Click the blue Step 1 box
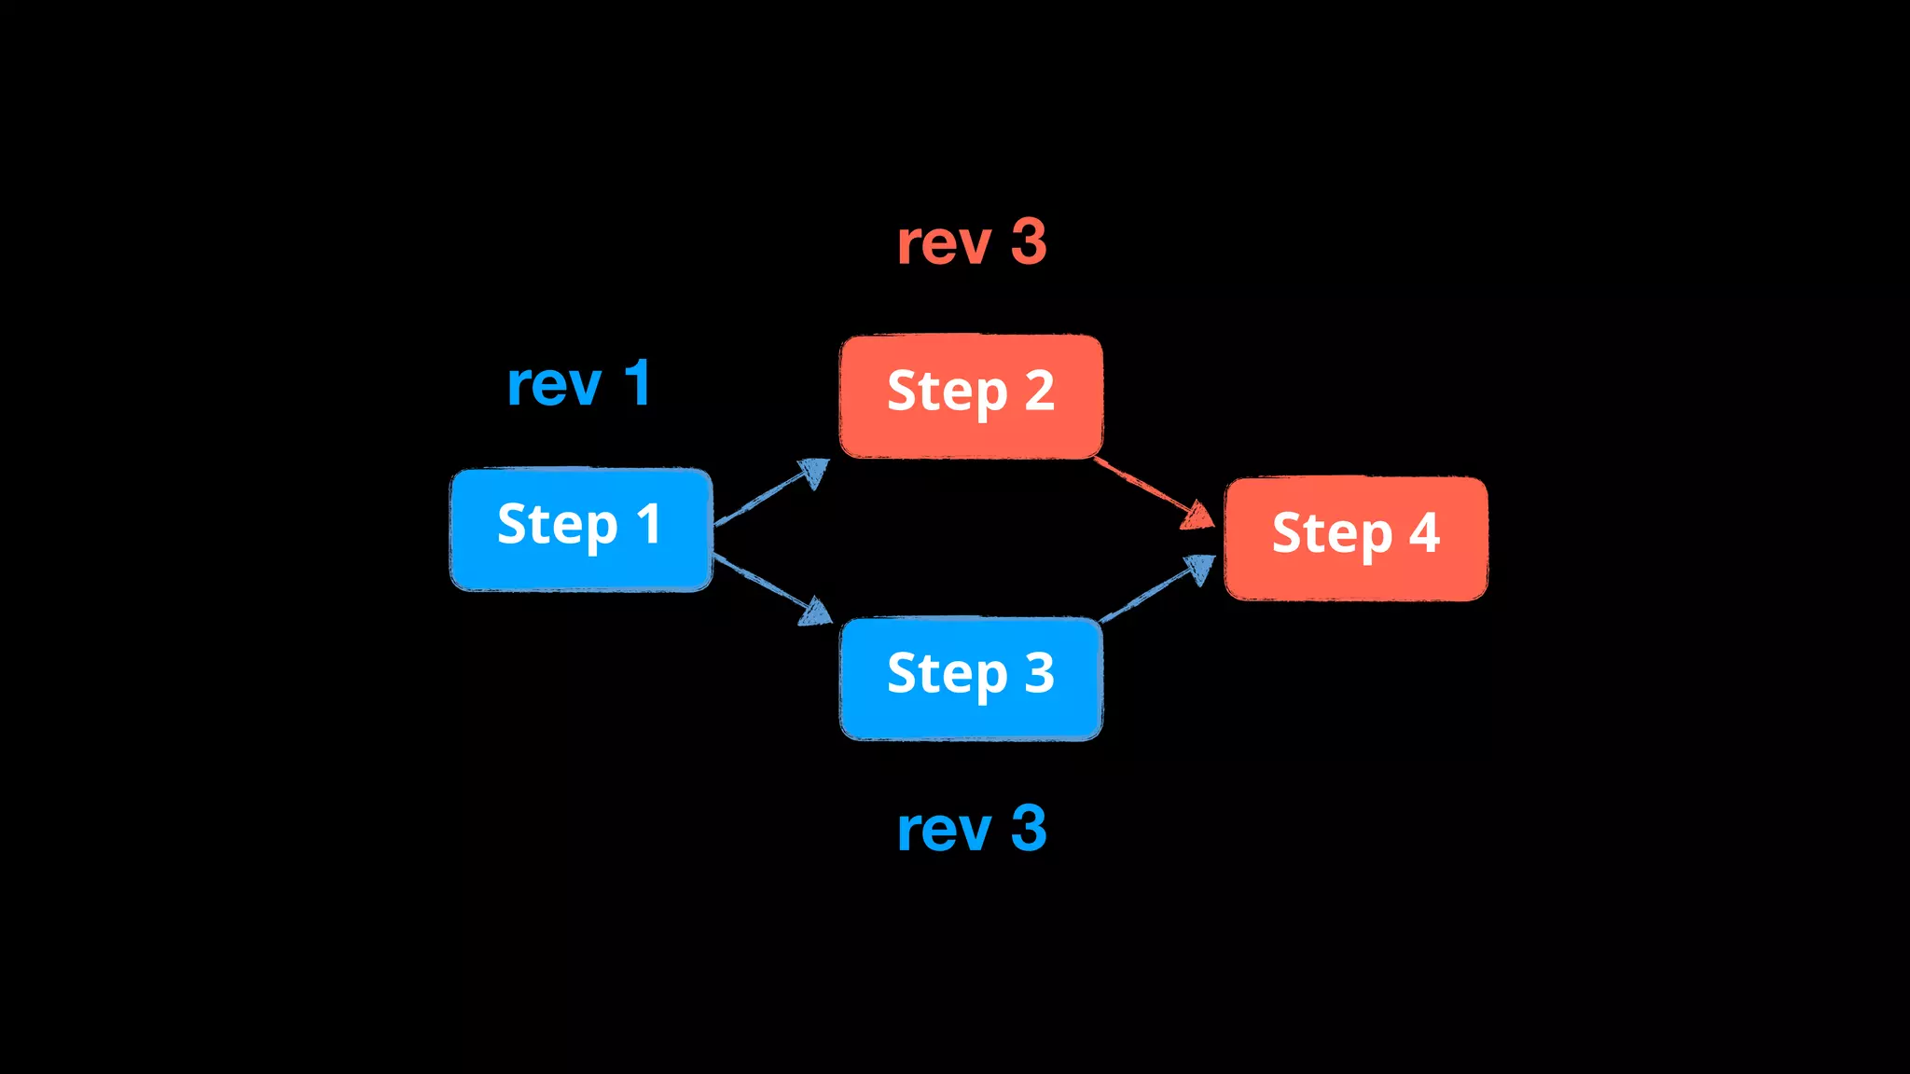click(581, 530)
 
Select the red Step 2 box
click(971, 396)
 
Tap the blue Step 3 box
click(971, 678)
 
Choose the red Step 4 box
click(1355, 538)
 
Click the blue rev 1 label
click(578, 383)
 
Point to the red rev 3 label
click(971, 242)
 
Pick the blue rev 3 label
click(971, 829)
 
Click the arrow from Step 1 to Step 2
click(770, 493)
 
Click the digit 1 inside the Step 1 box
click(649, 523)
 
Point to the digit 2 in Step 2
click(1039, 390)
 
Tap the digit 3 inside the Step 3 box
click(1039, 672)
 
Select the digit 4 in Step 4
click(1424, 533)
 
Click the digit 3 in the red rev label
click(1029, 242)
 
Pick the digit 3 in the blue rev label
click(1029, 829)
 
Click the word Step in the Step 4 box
click(1332, 535)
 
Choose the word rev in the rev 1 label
click(554, 385)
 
